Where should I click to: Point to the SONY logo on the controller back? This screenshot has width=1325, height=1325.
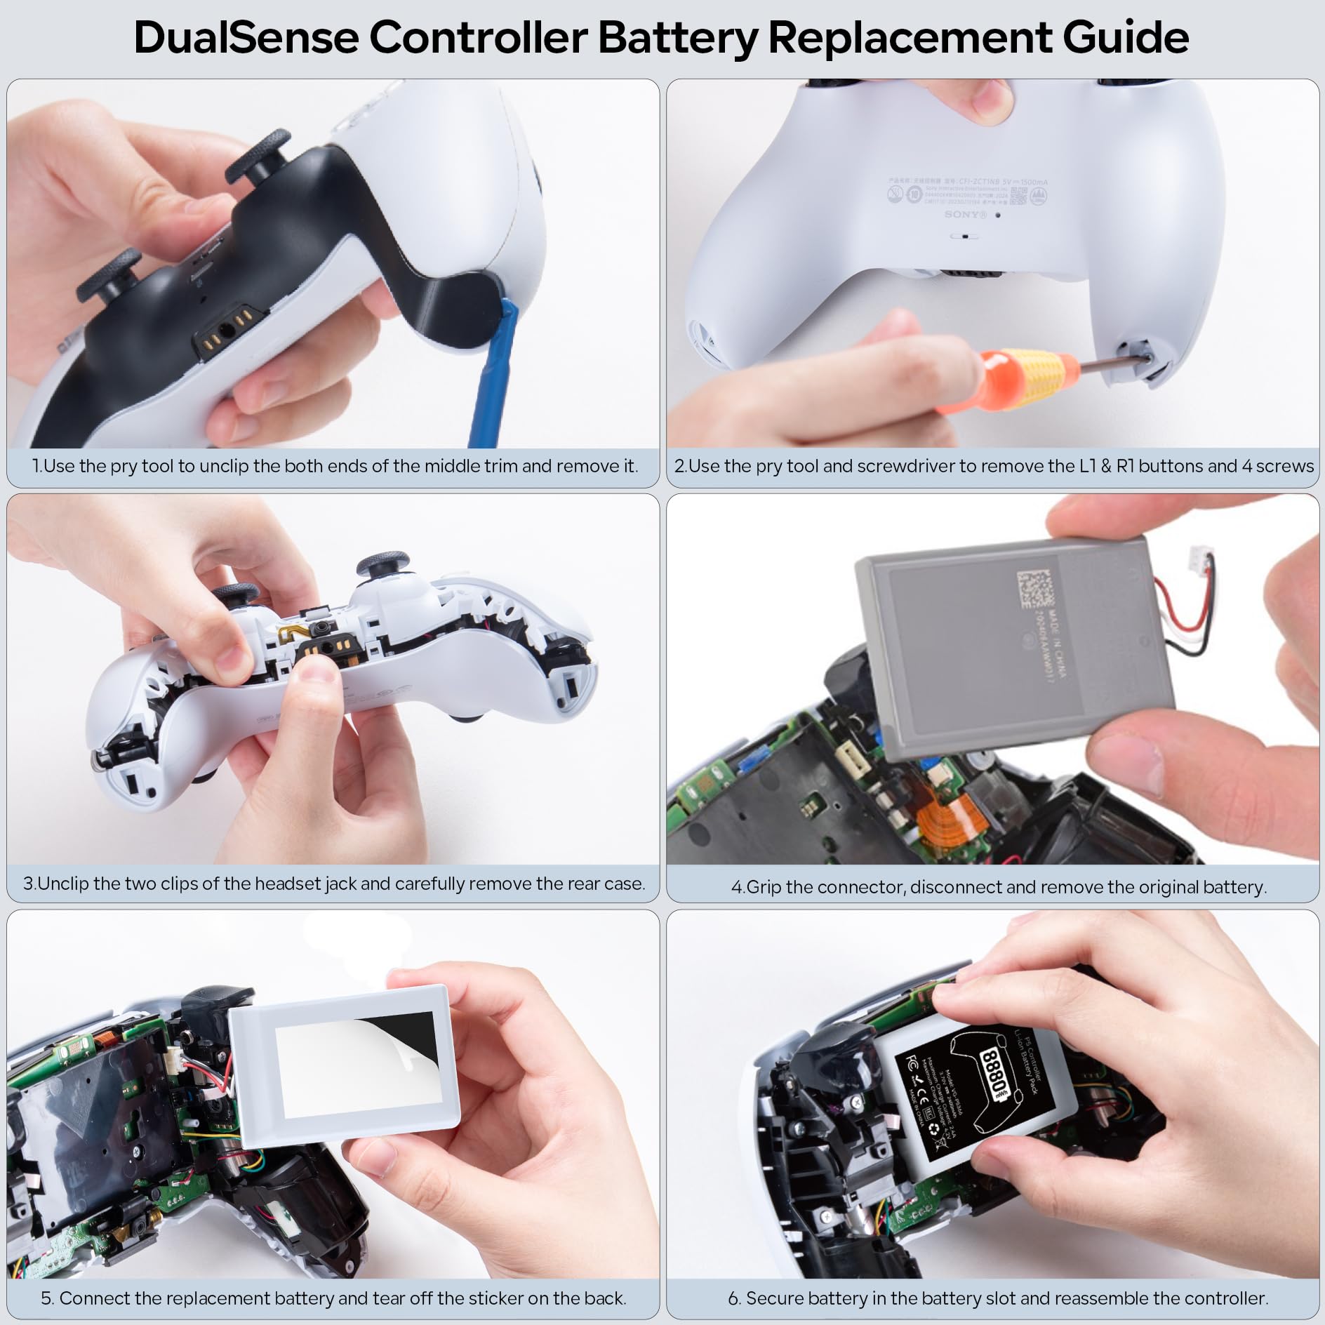965,214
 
